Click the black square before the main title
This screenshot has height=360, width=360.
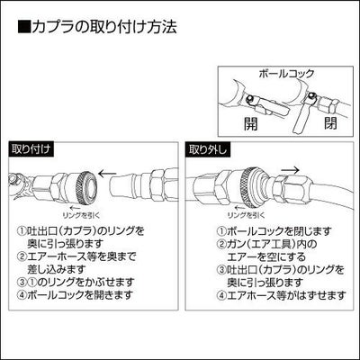coord(24,27)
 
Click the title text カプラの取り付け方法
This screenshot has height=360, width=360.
coord(104,27)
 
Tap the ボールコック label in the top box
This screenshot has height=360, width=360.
coord(286,74)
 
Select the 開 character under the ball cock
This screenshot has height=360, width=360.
coord(250,123)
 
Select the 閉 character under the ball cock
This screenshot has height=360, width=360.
coord(330,122)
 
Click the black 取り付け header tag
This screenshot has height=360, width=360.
coord(31,149)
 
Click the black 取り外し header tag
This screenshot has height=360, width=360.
coord(208,149)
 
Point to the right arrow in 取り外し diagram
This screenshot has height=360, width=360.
coord(291,170)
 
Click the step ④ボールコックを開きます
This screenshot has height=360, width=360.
coord(76,295)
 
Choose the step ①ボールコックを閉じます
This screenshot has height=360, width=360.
coord(274,231)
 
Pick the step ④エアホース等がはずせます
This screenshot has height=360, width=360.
coord(281,295)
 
